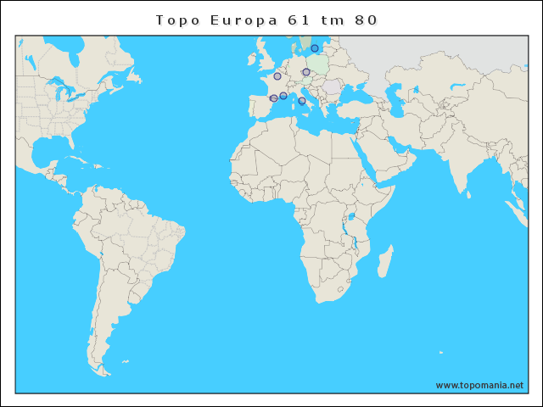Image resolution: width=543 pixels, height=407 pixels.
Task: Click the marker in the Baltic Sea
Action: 315,48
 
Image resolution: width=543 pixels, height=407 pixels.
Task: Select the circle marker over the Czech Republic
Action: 306,72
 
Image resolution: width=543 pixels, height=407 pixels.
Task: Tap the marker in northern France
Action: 277,76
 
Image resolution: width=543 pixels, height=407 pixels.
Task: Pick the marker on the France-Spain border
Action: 273,98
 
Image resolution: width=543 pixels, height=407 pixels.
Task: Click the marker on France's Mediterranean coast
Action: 283,96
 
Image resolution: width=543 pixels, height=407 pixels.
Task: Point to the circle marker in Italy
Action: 302,101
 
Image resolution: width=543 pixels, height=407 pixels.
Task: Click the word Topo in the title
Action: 176,20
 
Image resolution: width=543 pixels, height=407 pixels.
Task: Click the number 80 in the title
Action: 367,20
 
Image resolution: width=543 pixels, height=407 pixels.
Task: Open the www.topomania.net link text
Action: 479,385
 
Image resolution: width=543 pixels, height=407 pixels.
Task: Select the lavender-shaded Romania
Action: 330,86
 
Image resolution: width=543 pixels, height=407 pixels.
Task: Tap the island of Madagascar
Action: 384,262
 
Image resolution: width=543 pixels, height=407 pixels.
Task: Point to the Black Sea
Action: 352,93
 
